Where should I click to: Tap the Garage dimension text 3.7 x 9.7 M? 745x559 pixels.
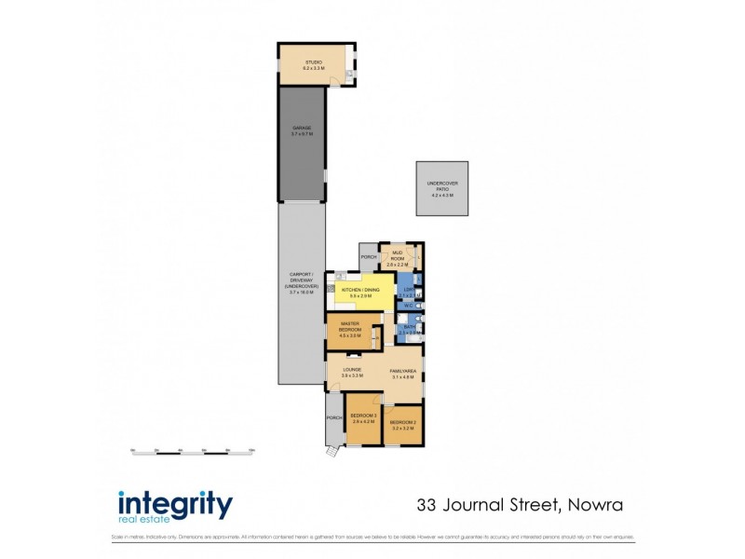coord(301,134)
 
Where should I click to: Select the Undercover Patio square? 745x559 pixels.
coord(442,189)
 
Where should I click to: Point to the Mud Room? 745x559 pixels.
coord(398,258)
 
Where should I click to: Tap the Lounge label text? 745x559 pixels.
coord(352,370)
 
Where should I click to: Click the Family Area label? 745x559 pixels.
coord(403,370)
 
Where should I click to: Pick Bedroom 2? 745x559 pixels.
coord(403,428)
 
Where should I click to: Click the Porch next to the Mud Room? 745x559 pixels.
coord(369,257)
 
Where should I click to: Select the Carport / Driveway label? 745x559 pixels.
coord(301,279)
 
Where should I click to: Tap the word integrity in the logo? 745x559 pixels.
coord(174,504)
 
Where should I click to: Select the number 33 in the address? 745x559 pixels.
coord(427,506)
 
